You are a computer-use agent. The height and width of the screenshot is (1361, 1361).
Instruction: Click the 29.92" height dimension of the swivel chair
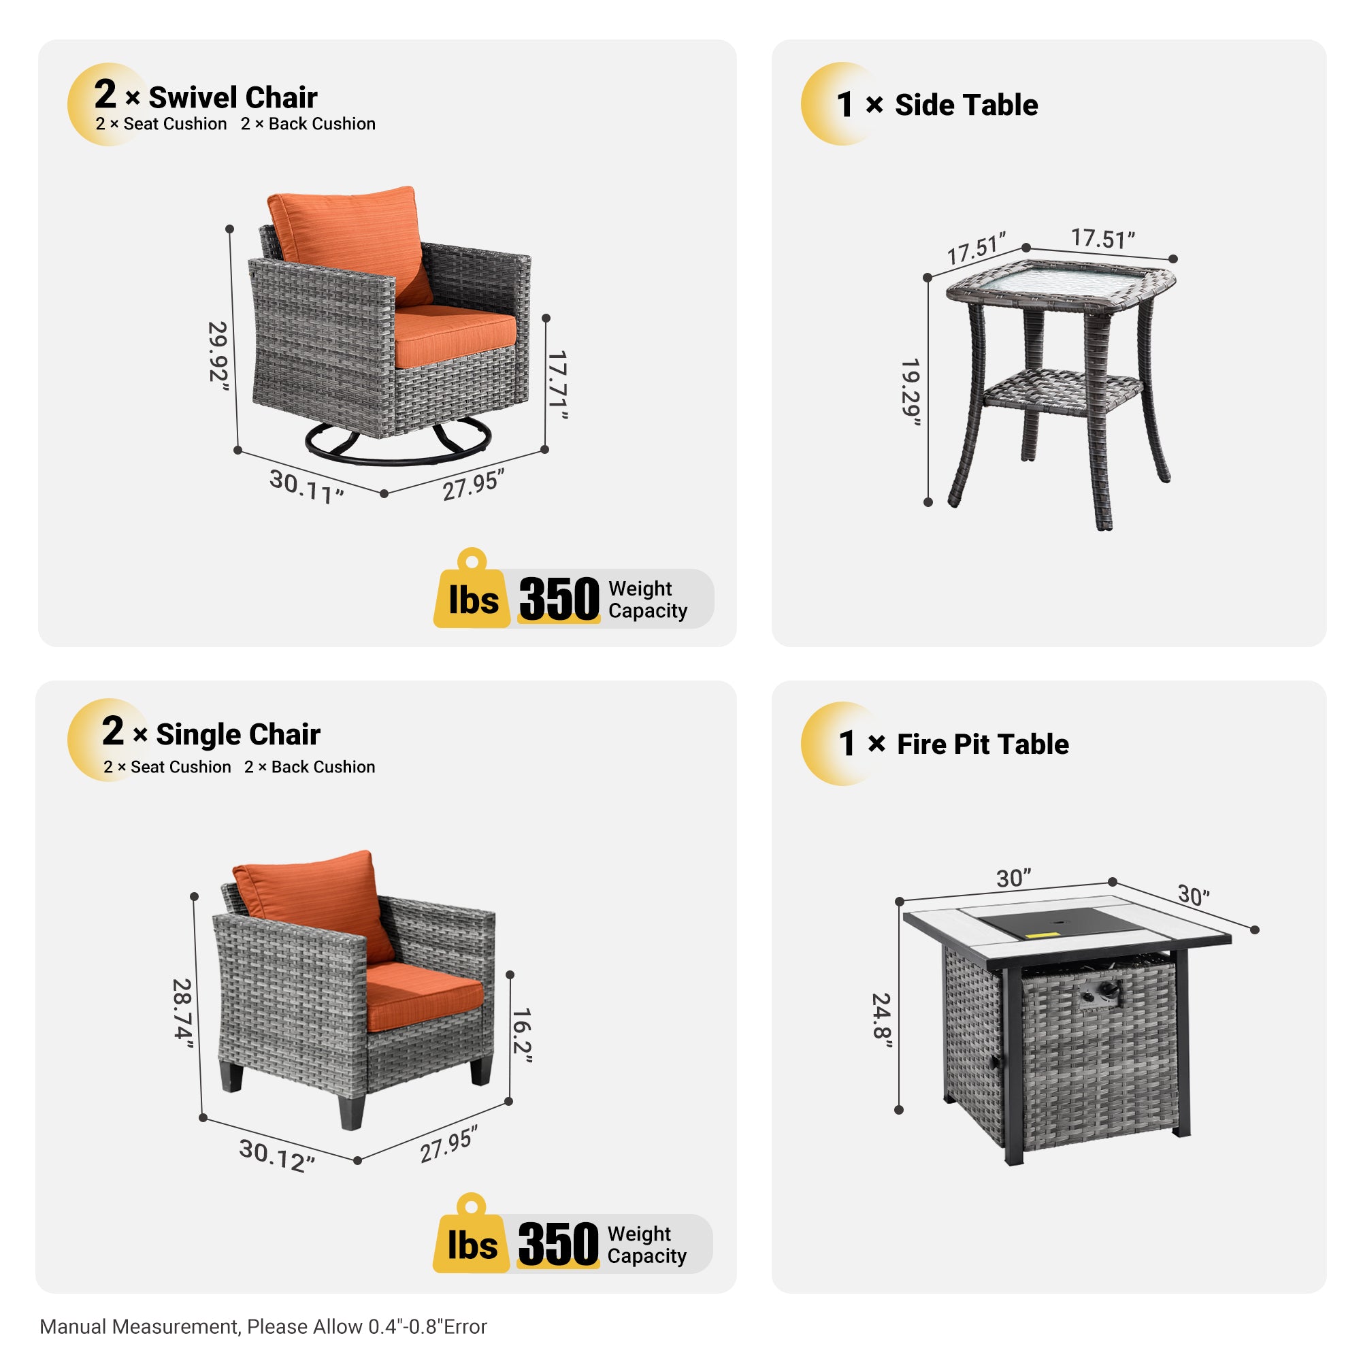click(218, 352)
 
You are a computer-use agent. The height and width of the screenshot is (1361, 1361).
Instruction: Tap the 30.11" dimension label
click(306, 486)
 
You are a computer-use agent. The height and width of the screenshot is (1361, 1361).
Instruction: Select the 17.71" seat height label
click(557, 384)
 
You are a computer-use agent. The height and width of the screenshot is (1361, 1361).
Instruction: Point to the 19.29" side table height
click(911, 392)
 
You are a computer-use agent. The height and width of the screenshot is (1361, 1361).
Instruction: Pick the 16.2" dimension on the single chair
click(522, 1035)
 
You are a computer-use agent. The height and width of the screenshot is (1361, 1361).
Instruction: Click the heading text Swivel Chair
click(233, 97)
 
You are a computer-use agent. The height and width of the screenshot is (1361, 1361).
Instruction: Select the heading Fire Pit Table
click(982, 744)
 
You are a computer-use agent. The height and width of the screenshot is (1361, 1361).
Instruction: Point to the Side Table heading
click(966, 105)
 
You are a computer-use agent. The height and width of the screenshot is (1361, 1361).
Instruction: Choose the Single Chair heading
click(237, 734)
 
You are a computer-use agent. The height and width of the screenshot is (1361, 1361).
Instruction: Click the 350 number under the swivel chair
click(559, 599)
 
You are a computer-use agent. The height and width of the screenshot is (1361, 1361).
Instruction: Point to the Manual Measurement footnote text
click(263, 1326)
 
